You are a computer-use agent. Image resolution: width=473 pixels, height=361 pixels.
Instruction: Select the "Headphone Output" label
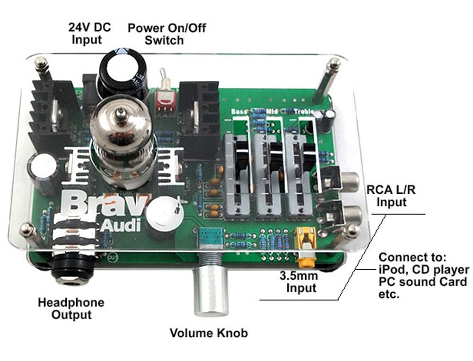pos(71,308)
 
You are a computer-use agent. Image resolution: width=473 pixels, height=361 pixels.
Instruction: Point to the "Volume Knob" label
pos(209,333)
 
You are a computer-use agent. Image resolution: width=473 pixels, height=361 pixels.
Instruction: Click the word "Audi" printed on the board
pos(121,225)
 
